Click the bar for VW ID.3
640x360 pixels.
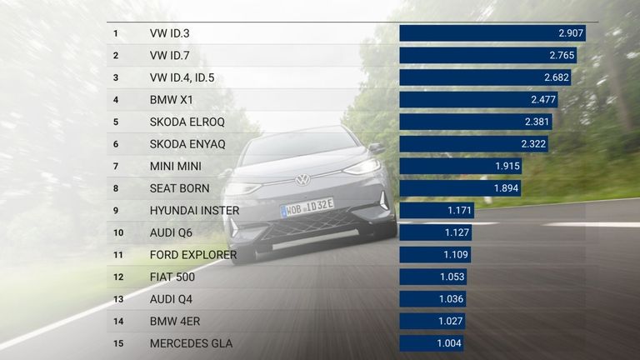pos(492,33)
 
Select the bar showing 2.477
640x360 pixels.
pos(477,100)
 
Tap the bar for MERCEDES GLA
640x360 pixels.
pos(431,343)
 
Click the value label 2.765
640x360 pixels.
pos(563,56)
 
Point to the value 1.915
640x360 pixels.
pos(507,166)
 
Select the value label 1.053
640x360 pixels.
pos(449,277)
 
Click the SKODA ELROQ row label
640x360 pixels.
pos(181,122)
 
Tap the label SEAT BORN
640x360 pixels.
pos(179,188)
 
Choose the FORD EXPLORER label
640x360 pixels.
pos(193,255)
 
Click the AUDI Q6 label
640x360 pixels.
pos(171,232)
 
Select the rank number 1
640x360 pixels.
pos(116,33)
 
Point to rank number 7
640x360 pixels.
pos(116,166)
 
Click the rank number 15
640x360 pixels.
pos(117,343)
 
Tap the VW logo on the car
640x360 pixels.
pos(302,179)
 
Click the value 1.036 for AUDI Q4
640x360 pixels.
pos(448,299)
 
